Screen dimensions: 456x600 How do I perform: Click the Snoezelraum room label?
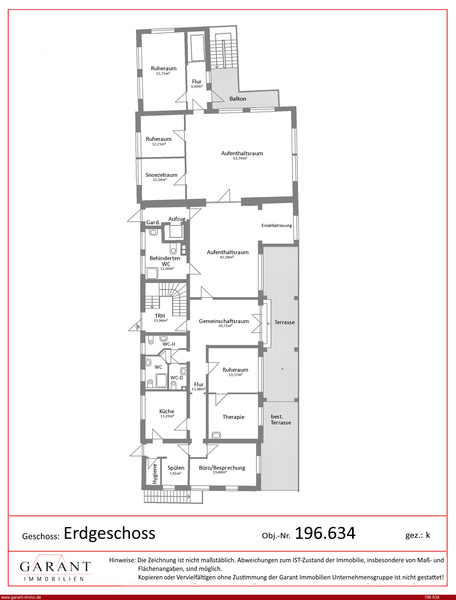coord(161,175)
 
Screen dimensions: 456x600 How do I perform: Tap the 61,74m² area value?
coord(240,158)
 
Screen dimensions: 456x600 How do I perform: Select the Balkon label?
coord(238,99)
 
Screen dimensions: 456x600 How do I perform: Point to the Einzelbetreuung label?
coord(277,226)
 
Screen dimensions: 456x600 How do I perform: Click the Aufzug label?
coord(177,219)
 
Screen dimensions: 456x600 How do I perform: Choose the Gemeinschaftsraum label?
coord(224,321)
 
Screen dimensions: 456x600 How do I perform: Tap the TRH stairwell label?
coord(160,316)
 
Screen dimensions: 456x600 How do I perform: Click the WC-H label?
coord(169,344)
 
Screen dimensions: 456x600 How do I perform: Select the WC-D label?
coord(177,378)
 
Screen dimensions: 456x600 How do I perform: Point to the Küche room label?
coord(167,411)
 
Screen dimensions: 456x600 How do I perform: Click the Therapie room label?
coord(233,417)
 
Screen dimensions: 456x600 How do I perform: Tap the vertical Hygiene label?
coord(155,474)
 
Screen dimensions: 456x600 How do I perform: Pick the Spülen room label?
coord(176,468)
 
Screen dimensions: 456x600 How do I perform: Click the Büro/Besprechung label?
coord(222,468)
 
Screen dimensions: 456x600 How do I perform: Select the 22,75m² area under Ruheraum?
coord(163,73)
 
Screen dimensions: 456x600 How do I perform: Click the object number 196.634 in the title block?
coord(325,533)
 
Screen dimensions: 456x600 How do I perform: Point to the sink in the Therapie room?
coord(216,435)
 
